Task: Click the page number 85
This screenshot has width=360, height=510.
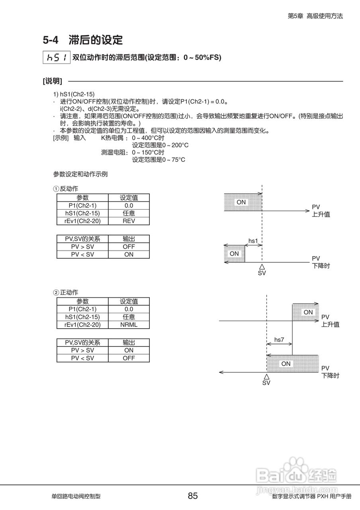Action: (193, 496)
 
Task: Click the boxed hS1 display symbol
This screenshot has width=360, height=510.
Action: (56, 57)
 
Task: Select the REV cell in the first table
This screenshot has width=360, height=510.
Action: (129, 221)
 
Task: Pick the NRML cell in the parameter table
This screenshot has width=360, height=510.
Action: (129, 324)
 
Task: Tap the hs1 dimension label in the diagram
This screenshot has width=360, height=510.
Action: (253, 241)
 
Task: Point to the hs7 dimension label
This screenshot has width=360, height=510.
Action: (279, 340)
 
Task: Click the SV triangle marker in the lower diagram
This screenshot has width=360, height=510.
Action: (266, 376)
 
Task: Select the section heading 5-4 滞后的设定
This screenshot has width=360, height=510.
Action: (83, 40)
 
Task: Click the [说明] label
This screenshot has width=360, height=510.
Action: (53, 81)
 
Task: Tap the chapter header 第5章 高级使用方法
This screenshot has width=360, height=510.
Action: (315, 16)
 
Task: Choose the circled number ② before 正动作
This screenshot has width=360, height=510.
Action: (57, 292)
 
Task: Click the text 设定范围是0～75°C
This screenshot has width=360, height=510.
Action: (158, 160)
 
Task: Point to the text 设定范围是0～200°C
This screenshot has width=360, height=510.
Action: (160, 145)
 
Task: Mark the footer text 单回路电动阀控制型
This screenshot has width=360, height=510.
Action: (76, 496)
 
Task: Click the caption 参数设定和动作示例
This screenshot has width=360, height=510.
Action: (80, 174)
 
